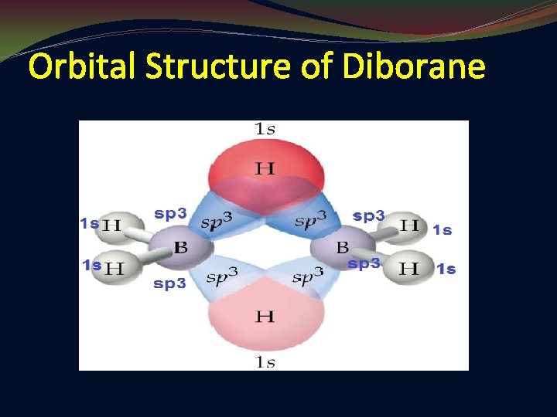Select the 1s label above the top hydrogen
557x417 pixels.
(x=265, y=129)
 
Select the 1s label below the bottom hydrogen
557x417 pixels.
(x=265, y=362)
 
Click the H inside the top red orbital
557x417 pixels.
(x=265, y=168)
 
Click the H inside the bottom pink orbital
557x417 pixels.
(x=265, y=316)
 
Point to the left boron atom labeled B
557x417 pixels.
(x=181, y=248)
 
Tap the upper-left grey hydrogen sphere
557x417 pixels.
(x=114, y=225)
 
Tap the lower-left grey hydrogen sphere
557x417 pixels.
(x=116, y=268)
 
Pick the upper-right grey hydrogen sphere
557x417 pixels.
(x=409, y=226)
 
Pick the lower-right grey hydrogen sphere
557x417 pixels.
(x=410, y=268)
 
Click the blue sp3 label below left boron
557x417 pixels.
(x=169, y=283)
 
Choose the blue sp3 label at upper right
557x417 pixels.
(x=368, y=215)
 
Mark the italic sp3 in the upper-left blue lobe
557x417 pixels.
(x=217, y=222)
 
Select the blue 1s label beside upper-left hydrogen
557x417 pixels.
(x=90, y=224)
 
